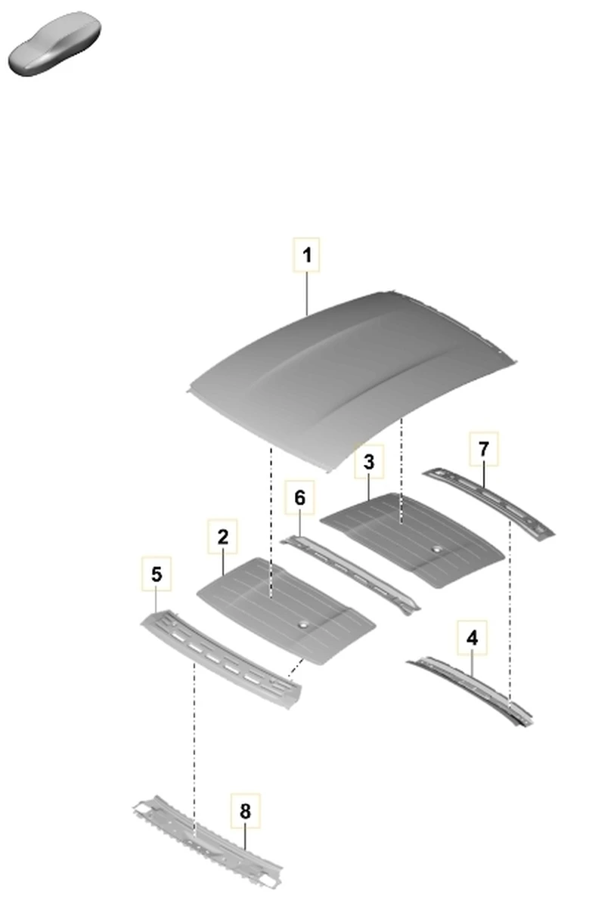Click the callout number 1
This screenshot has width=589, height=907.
307,255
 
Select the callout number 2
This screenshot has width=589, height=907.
222,537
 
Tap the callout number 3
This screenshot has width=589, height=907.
369,462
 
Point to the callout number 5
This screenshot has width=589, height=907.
157,574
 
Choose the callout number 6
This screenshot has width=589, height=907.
299,497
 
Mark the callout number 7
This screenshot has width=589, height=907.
484,449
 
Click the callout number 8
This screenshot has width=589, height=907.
245,811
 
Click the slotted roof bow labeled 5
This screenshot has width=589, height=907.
221,658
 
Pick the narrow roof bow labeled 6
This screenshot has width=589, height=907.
350,574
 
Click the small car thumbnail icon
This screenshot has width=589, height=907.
54,44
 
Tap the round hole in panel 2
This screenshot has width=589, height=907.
302,626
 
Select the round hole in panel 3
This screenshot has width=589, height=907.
436,549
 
